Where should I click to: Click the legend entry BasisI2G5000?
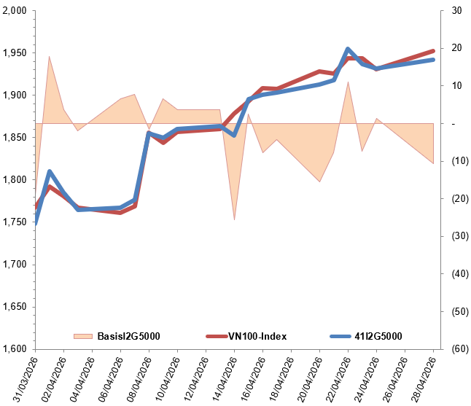click(128, 336)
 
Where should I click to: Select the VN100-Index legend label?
click(257, 336)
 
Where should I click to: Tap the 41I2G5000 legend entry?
click(378, 336)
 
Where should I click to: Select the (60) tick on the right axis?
click(459, 349)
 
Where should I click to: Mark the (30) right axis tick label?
click(459, 236)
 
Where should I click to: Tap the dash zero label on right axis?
click(454, 124)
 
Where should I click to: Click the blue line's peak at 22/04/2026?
click(348, 49)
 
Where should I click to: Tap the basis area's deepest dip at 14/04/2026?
click(234, 219)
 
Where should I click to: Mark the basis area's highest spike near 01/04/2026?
click(49, 56)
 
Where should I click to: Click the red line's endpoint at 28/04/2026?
click(434, 51)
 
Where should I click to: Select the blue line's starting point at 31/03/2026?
click(35, 223)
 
